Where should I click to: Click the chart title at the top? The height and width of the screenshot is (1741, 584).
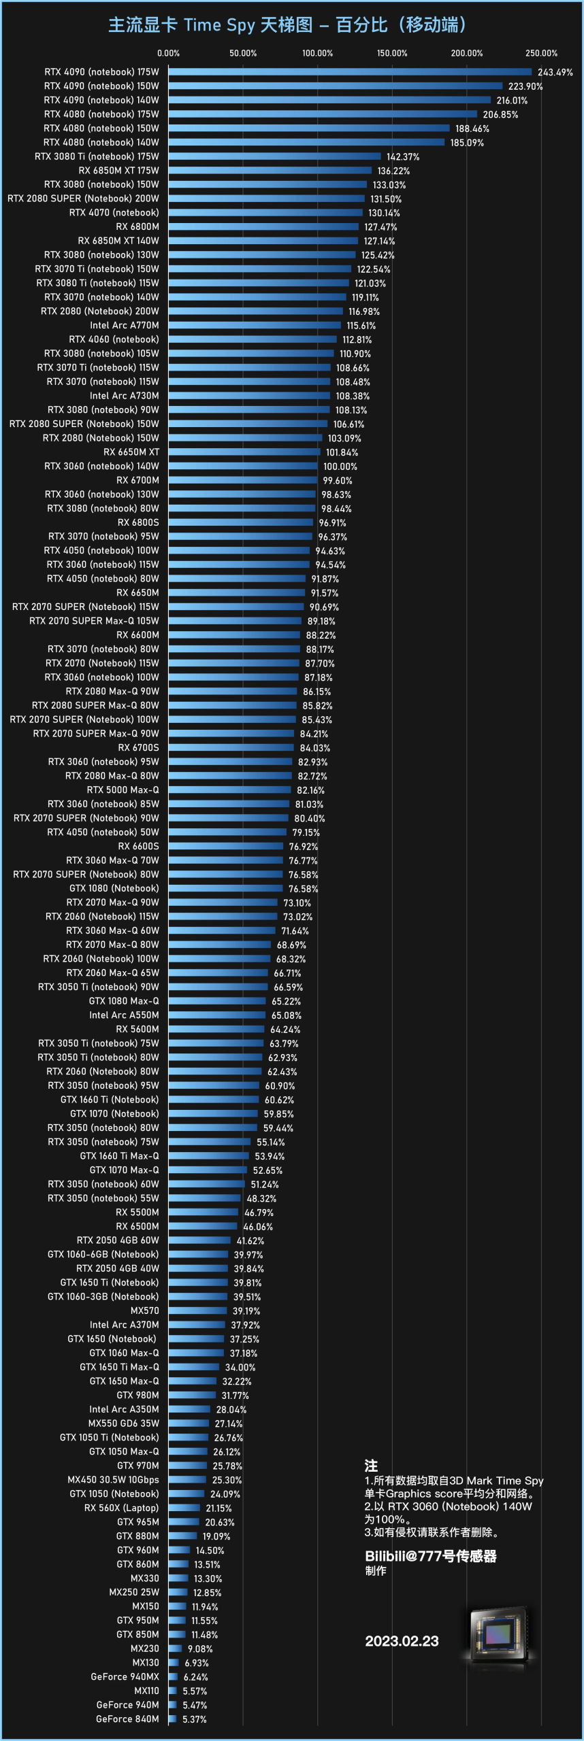[x=287, y=25]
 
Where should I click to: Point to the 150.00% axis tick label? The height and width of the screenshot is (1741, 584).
[x=392, y=53]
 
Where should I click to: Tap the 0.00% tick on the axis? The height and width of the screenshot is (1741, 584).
[x=169, y=53]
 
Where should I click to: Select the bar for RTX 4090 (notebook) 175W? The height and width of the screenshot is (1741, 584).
[x=350, y=72]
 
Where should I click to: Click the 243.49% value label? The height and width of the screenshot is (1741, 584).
[x=555, y=72]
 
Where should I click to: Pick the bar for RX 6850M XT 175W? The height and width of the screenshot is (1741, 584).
[x=270, y=171]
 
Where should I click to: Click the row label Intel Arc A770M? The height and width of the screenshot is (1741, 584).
[x=125, y=326]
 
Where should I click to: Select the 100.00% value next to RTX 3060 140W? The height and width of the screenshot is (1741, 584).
[x=340, y=467]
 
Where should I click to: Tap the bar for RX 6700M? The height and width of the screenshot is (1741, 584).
[x=243, y=480]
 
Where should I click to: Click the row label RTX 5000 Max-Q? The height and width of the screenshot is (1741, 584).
[x=123, y=790]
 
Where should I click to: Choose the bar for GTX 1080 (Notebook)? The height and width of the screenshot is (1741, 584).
[x=225, y=888]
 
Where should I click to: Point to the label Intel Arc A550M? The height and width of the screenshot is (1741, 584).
[x=125, y=1015]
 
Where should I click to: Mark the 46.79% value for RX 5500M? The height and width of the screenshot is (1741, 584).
[x=259, y=1213]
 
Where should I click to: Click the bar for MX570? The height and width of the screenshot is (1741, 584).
[x=198, y=1311]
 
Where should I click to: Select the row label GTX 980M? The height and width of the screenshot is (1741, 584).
[x=138, y=1396]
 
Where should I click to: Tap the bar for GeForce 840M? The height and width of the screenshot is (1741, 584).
[x=173, y=1719]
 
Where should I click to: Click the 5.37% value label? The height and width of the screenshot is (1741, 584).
[x=195, y=1719]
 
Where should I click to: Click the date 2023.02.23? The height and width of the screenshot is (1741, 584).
[x=402, y=1641]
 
